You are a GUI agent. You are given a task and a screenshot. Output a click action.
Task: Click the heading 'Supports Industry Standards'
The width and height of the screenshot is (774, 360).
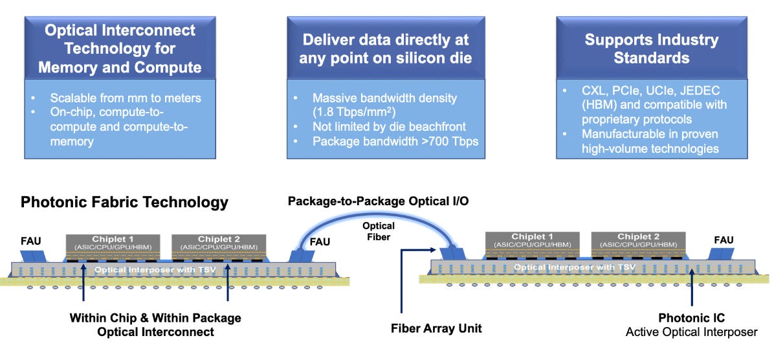(x=651, y=49)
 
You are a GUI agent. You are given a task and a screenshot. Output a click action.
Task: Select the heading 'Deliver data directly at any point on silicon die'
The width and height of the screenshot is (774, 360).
(x=385, y=49)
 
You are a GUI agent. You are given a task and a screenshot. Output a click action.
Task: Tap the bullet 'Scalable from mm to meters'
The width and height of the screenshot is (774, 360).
(x=126, y=98)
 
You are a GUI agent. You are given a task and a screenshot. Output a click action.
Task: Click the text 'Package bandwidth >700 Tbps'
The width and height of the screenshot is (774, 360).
(x=395, y=140)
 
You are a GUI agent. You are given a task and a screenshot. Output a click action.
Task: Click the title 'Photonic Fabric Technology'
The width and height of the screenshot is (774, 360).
(x=124, y=202)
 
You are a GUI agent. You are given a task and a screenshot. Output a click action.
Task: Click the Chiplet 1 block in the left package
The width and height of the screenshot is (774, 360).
(x=113, y=243)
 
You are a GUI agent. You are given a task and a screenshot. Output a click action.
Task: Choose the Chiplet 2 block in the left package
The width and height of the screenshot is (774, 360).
(x=219, y=243)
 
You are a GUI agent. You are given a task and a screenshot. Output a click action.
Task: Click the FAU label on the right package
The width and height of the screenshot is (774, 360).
(x=723, y=240)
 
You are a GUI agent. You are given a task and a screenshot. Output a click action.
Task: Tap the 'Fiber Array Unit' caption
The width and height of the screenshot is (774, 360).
(x=436, y=328)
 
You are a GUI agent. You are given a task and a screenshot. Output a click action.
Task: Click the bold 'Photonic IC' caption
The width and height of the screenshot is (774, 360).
(x=691, y=318)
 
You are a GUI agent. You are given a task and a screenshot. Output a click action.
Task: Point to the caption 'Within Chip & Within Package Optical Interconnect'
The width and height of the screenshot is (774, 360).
(x=155, y=324)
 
